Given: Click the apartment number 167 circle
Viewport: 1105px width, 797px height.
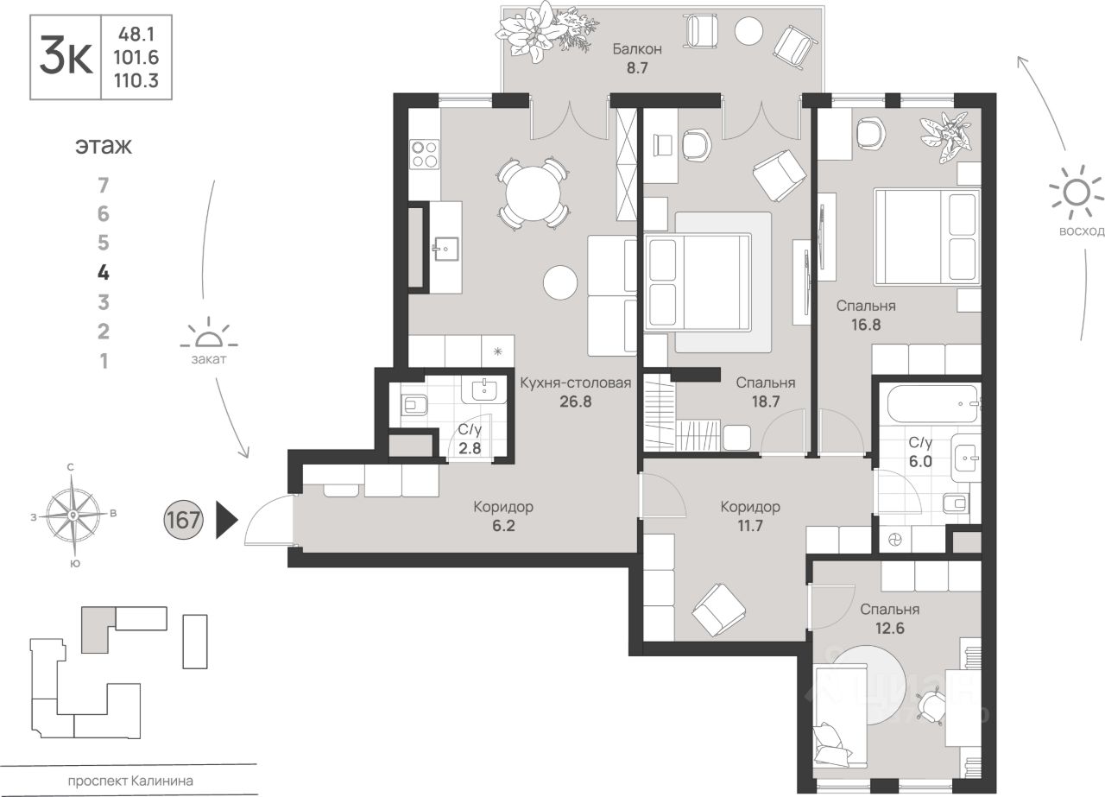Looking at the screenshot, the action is (183, 520).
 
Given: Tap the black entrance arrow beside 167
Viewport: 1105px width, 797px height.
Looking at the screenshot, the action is (227, 519).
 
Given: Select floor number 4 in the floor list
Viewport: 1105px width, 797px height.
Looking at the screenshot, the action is (103, 272).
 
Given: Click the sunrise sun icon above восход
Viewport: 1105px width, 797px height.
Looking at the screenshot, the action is (1077, 193).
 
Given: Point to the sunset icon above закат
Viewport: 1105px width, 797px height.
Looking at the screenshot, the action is (209, 333).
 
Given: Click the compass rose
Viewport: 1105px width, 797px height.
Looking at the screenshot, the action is (73, 516).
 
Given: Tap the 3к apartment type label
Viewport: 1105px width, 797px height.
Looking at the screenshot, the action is (66, 56).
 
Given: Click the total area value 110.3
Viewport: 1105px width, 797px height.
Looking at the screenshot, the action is (136, 80).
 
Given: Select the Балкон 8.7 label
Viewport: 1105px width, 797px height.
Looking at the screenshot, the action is (637, 58).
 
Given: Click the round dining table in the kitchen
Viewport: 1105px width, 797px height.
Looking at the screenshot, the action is (534, 194).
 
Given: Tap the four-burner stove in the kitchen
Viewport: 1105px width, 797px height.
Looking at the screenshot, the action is (424, 154).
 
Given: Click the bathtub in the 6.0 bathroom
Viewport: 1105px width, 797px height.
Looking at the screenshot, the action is (932, 404).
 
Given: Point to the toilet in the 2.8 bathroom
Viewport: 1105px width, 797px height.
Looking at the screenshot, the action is (414, 405).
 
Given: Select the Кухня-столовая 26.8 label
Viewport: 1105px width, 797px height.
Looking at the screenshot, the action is (576, 392).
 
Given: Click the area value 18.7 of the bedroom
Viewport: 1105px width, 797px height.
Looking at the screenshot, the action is (766, 402).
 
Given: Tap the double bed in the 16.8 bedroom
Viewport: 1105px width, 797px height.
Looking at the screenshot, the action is (927, 237).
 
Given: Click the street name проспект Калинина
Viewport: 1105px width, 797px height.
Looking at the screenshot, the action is (130, 781).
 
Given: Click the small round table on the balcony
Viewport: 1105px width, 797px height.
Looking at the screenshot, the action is (748, 30).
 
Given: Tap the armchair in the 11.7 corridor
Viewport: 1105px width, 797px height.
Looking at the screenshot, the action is (718, 610).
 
